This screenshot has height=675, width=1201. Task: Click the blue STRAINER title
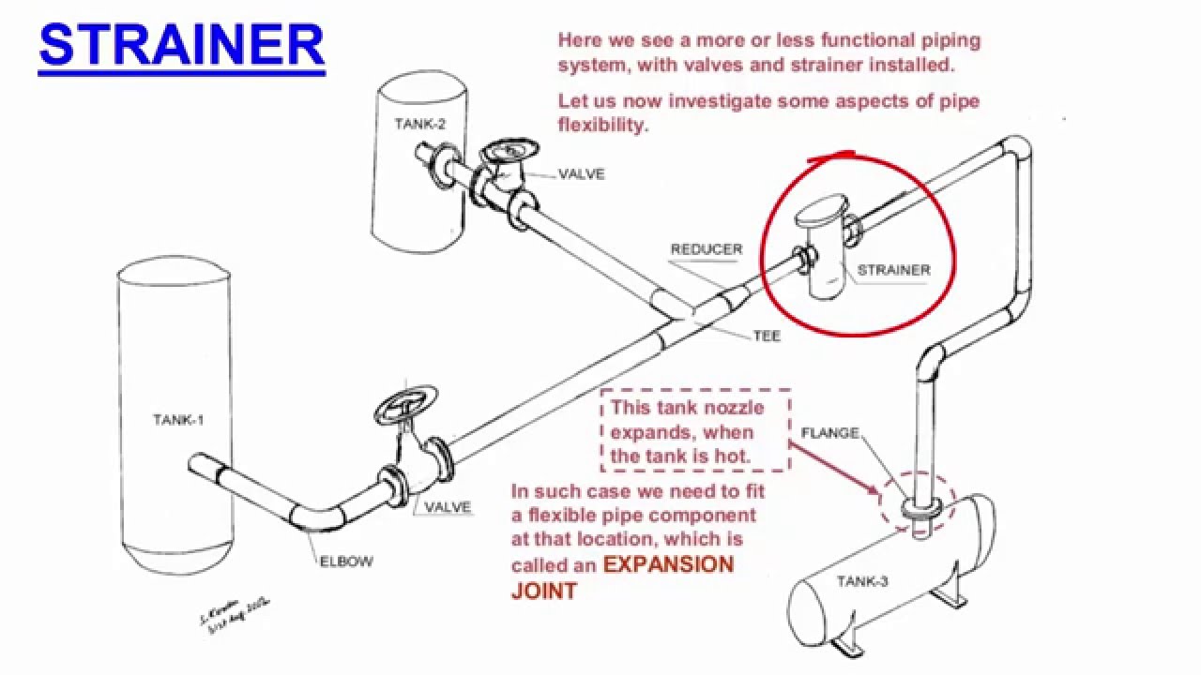[181, 44]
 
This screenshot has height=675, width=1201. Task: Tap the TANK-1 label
[178, 420]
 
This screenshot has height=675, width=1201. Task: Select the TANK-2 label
[419, 124]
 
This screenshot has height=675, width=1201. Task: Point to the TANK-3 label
[862, 581]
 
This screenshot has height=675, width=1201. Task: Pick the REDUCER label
[706, 249]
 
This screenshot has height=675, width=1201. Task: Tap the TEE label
[767, 337]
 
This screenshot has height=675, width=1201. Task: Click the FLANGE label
[829, 433]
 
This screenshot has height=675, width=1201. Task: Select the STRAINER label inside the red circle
[893, 270]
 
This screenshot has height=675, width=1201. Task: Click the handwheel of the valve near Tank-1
[405, 403]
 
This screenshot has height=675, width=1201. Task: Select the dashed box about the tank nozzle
[695, 431]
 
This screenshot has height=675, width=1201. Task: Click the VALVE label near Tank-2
[581, 174]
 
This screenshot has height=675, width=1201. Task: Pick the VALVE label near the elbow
[448, 508]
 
